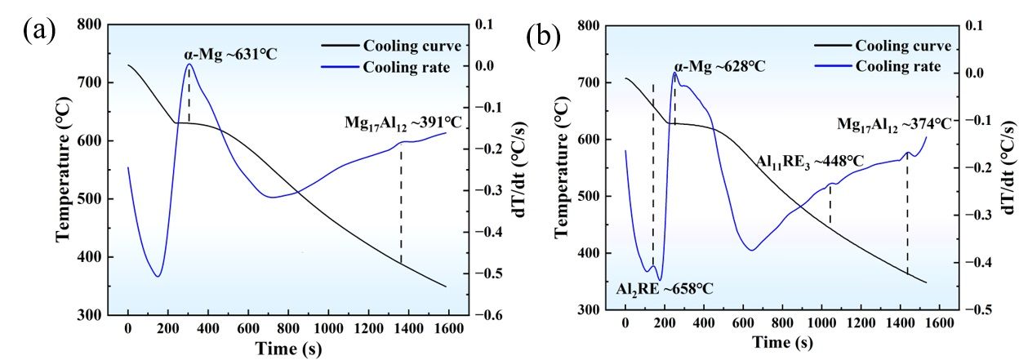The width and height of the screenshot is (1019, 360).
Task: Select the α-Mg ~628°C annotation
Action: [x=719, y=65]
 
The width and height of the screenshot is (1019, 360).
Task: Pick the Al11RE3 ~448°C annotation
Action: [x=808, y=162]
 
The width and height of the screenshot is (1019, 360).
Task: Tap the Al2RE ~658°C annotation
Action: [x=665, y=289]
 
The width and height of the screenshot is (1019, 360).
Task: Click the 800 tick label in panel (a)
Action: [x=91, y=24]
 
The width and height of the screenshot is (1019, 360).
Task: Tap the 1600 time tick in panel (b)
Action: [x=939, y=322]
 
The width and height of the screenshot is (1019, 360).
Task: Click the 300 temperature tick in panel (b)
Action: [x=589, y=310]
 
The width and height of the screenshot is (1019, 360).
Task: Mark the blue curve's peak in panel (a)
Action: [x=189, y=64]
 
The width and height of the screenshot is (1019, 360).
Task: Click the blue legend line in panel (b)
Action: [x=826, y=66]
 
